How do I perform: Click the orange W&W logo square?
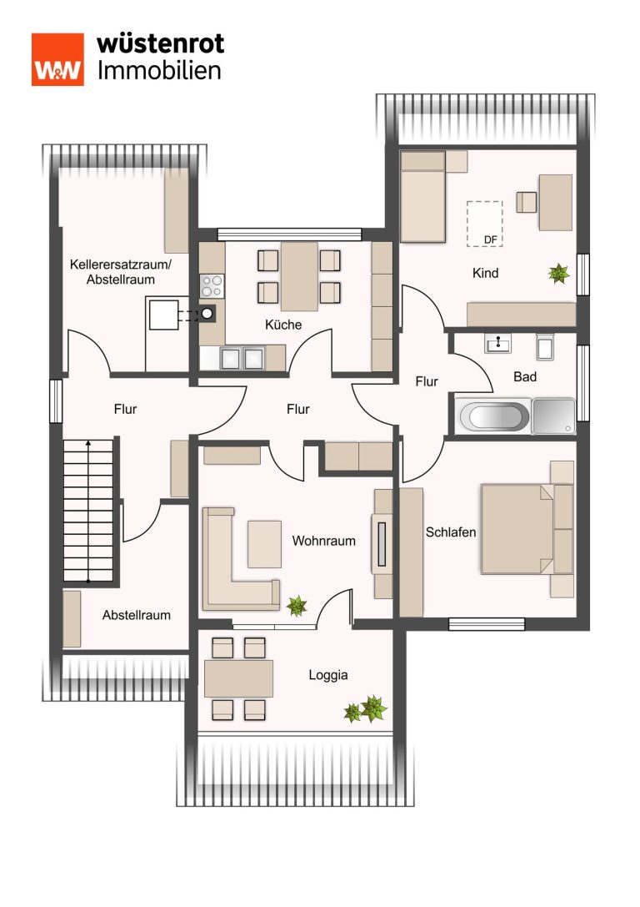coord(57,59)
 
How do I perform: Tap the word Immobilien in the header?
coord(159,71)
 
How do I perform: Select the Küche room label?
coord(283,325)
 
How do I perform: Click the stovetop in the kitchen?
coord(212,285)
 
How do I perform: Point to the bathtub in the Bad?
coord(493,416)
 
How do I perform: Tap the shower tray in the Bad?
coord(554,416)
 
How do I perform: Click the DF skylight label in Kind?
coord(490,239)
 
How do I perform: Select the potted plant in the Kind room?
coord(559,273)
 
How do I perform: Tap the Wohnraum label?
coord(323,541)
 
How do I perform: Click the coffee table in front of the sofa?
coord(264,544)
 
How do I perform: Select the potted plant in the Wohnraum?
coord(297,606)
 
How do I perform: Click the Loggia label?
coord(328,675)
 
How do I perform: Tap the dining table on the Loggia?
coord(238,678)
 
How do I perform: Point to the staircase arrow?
coord(87,510)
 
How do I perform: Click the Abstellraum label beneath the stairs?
coord(137,615)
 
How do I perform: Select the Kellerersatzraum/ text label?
coord(121,265)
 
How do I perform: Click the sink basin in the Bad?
coord(497,344)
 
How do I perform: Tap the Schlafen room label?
coord(451,532)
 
